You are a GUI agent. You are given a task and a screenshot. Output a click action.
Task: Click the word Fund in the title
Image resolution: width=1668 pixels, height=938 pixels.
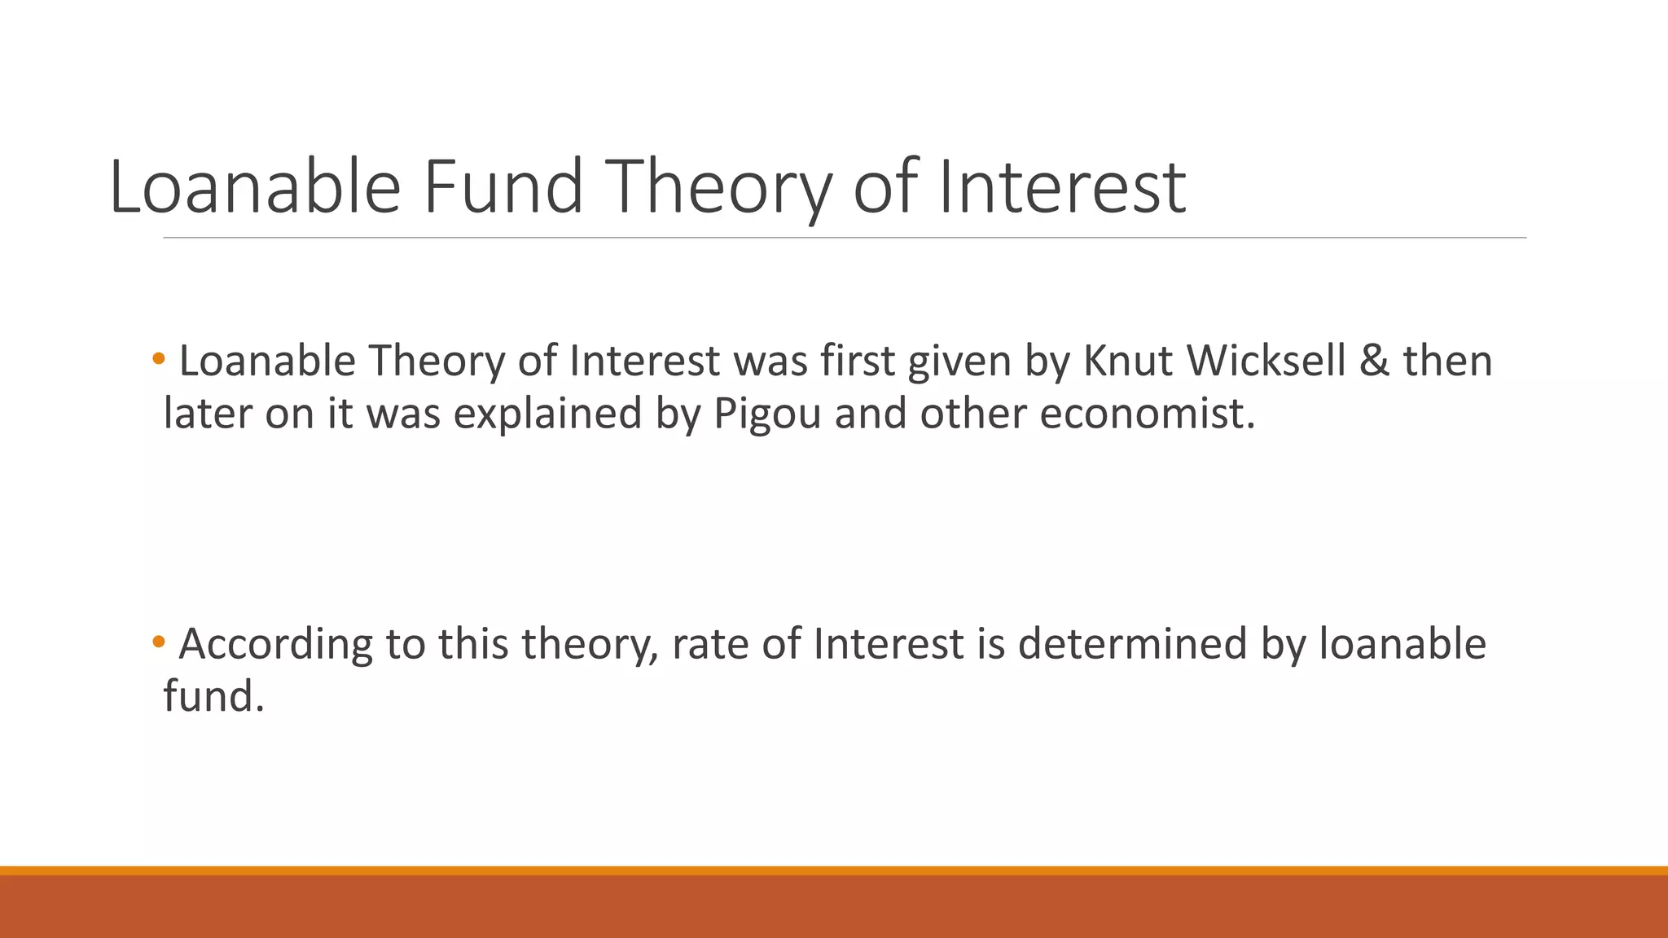tap(503, 187)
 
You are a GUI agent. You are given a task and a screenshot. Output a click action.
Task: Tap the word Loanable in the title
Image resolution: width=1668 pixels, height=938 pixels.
tap(255, 187)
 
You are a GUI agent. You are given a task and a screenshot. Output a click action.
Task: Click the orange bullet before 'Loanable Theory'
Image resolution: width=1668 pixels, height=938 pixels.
tap(159, 358)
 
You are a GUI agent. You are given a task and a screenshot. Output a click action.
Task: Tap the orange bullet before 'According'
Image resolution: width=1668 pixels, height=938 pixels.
tap(159, 642)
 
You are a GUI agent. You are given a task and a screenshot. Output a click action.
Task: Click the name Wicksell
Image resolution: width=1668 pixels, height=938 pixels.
tap(1266, 361)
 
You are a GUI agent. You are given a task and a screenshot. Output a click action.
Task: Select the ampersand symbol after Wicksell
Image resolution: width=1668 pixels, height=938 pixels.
tap(1373, 361)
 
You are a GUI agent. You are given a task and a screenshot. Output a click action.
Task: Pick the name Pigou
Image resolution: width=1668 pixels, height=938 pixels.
tap(767, 414)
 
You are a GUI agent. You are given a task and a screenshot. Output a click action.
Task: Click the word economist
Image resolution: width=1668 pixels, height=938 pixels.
tap(1147, 414)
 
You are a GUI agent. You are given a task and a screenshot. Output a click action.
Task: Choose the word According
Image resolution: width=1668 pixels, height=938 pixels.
tap(275, 645)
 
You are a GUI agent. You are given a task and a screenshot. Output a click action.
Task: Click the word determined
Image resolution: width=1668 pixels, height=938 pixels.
tap(1132, 644)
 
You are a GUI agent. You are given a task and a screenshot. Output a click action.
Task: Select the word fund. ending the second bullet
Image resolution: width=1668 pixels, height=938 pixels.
tap(214, 696)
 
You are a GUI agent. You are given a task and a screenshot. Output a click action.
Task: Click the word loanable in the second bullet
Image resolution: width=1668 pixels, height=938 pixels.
tap(1402, 644)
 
